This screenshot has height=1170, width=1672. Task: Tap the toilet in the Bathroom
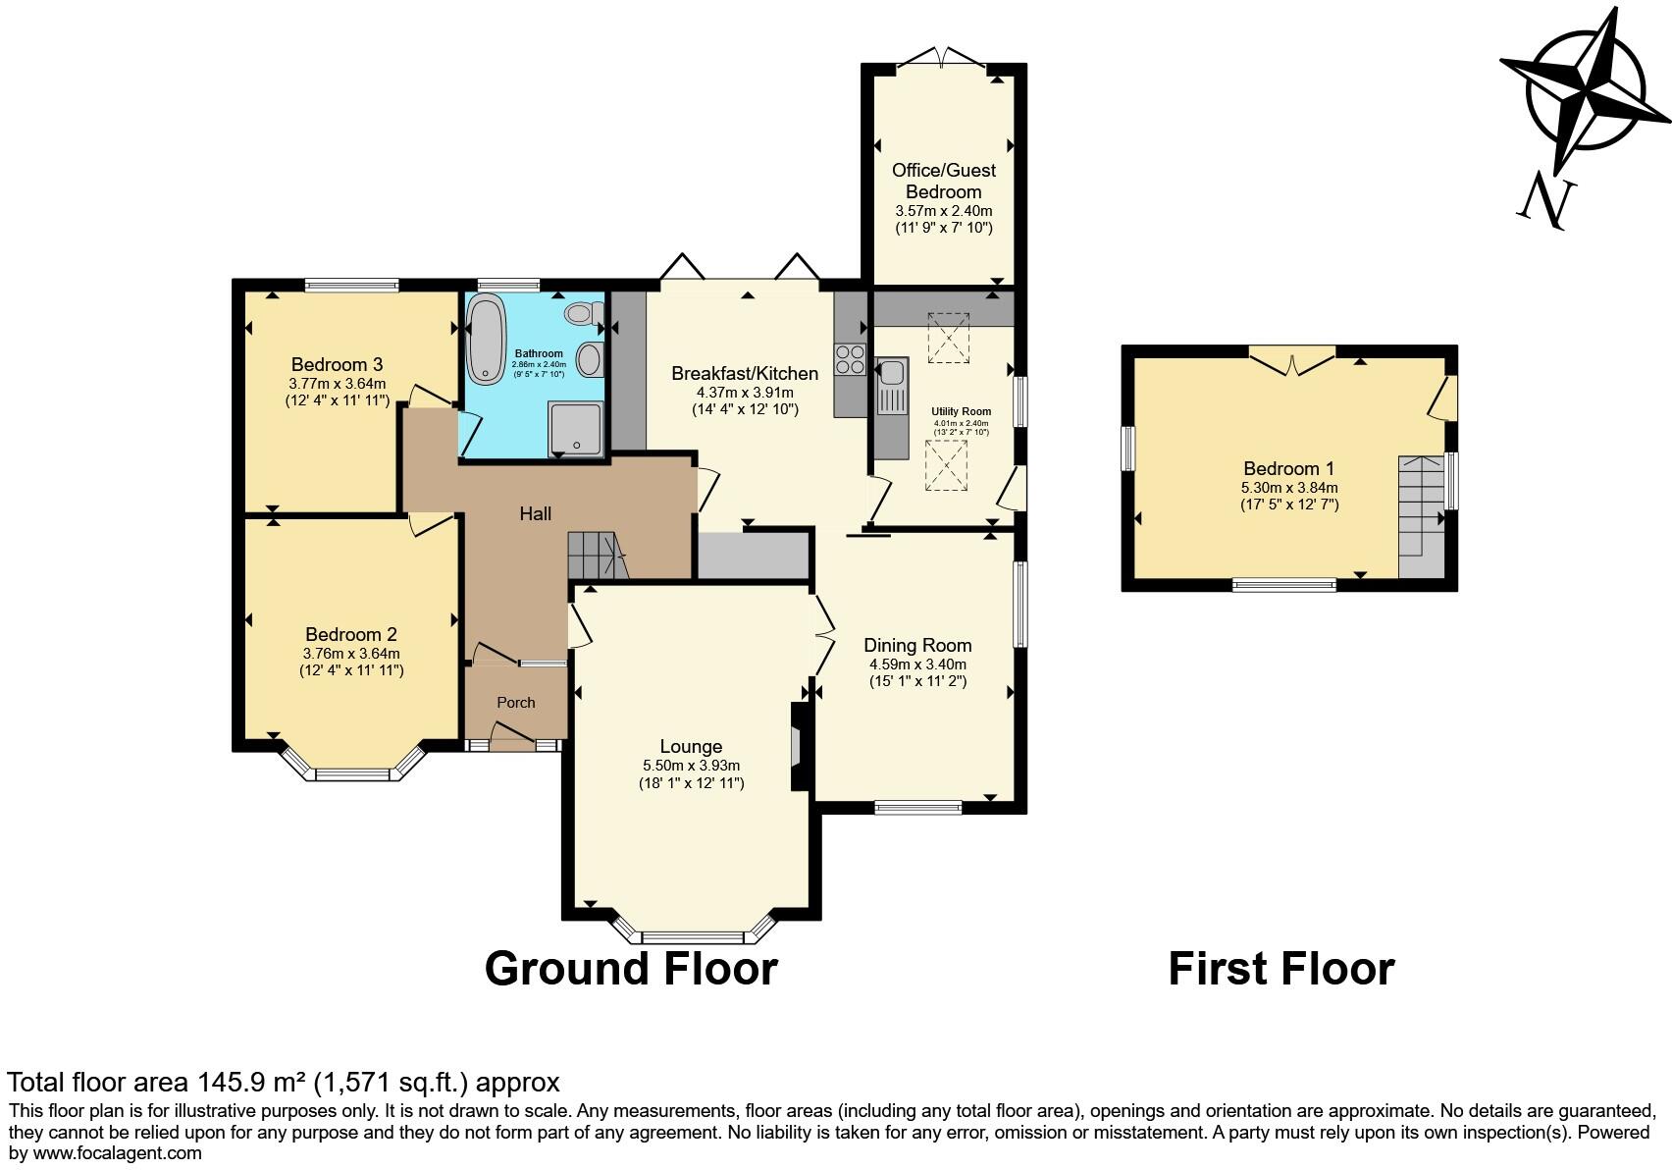[x=582, y=313]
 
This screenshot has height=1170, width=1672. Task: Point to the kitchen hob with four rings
[x=850, y=360]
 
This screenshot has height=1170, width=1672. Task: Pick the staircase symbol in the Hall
[x=595, y=557]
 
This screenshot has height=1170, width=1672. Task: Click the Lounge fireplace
[x=799, y=746]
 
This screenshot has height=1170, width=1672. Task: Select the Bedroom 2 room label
[x=350, y=635]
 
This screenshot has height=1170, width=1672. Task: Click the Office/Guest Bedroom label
[x=943, y=181]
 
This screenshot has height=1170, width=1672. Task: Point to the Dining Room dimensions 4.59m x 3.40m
[x=917, y=665]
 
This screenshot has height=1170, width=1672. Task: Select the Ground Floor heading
[x=631, y=969]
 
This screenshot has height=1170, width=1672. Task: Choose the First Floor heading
[x=1280, y=969]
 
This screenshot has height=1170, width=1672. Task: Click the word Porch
[x=516, y=703]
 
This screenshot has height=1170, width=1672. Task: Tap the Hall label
[x=535, y=513]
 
